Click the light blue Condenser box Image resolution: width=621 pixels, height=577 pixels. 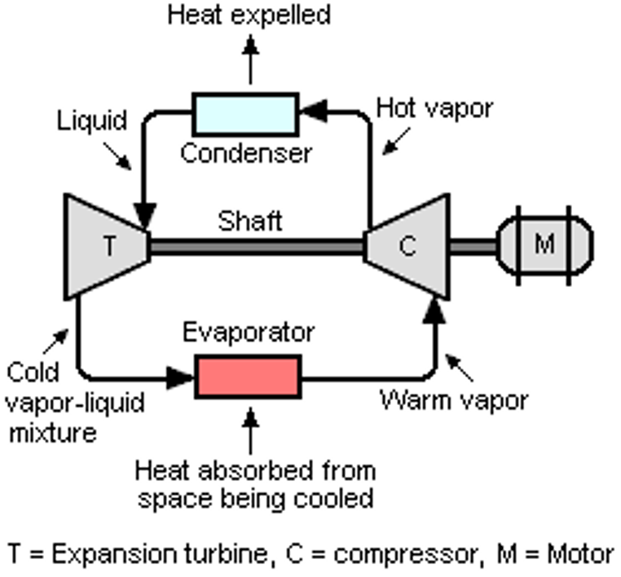[x=245, y=113]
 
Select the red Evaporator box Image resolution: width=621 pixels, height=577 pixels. [x=248, y=376]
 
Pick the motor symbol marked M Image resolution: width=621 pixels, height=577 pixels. [x=544, y=244]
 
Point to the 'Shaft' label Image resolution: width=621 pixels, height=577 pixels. [x=250, y=220]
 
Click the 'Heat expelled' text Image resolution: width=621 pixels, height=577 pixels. [x=249, y=15]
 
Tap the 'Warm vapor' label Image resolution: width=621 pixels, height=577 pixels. [x=455, y=400]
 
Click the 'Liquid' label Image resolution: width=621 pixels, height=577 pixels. [x=92, y=121]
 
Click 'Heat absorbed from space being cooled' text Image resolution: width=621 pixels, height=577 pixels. [x=256, y=484]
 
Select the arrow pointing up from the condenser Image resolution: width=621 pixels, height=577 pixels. [x=250, y=61]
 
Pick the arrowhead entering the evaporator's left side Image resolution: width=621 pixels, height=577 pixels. [x=181, y=377]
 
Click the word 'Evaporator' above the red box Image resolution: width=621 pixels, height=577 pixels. [x=248, y=333]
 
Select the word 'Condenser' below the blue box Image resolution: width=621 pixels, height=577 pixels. [x=245, y=153]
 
